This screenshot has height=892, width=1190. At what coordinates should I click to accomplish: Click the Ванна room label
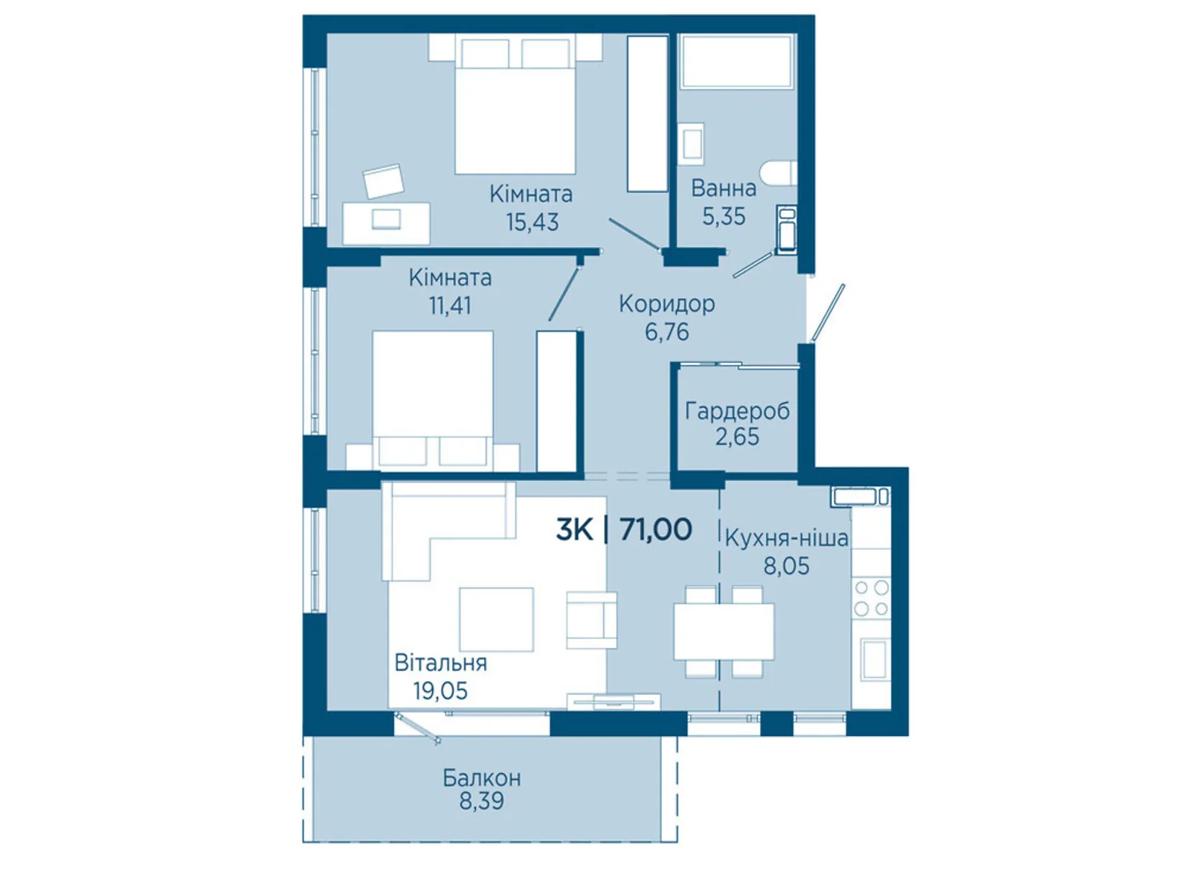pos(723,189)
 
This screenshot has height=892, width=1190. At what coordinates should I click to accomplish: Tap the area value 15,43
pos(532,222)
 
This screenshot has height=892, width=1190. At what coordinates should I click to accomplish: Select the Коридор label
pos(667,304)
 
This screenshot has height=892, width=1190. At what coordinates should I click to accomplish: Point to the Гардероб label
pos(737,412)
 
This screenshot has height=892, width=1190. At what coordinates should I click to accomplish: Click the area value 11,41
pos(450,306)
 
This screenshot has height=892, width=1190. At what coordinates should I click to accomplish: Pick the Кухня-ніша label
pos(786,538)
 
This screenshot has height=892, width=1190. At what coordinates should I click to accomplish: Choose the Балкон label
pos(481,778)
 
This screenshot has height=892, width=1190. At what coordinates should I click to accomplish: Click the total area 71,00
pos(656,529)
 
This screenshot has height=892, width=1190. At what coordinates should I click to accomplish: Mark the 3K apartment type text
pos(575,529)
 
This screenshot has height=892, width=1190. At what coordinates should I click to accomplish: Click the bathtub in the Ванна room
pos(737,61)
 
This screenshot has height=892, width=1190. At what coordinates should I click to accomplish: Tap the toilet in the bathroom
pos(779,174)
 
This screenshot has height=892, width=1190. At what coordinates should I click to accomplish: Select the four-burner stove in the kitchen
pos(871,598)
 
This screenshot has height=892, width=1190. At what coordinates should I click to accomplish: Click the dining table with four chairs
pos(724,632)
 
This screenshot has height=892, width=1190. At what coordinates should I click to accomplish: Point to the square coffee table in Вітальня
pos(496,619)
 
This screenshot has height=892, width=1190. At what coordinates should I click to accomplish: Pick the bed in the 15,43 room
pos(515,104)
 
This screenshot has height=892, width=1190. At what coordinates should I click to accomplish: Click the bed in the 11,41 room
pos(433,401)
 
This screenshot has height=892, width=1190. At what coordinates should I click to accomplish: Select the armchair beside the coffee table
pos(591,620)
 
